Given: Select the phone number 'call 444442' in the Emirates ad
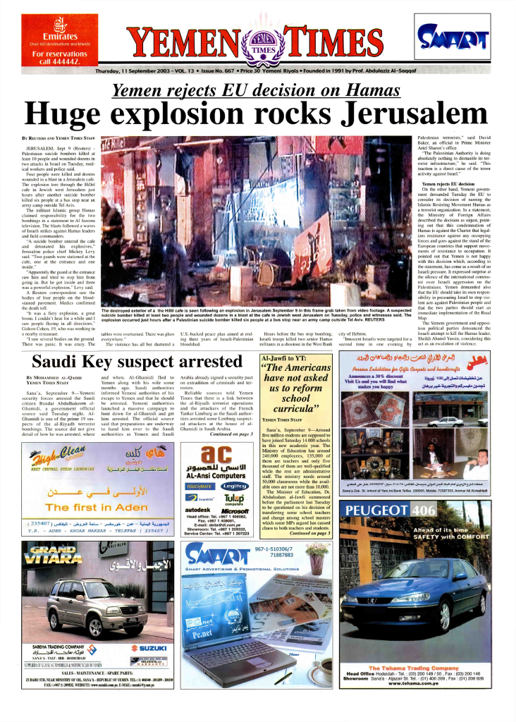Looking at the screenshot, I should click(59, 62).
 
